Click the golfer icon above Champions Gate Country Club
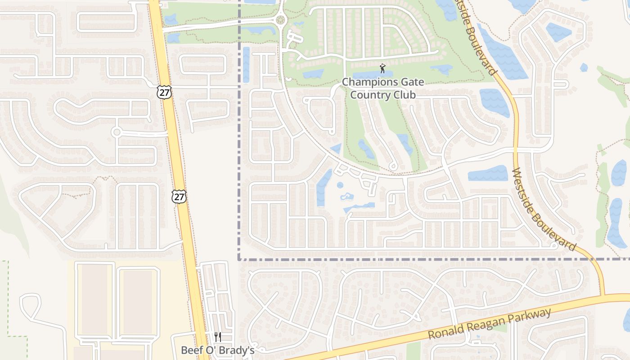pos(382,68)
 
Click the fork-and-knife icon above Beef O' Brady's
pos(218,337)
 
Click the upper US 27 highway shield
pos(164,92)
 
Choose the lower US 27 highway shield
pos(179,197)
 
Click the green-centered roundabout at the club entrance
pos(281,20)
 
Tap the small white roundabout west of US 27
pos(117,132)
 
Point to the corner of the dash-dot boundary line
pos(239,259)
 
